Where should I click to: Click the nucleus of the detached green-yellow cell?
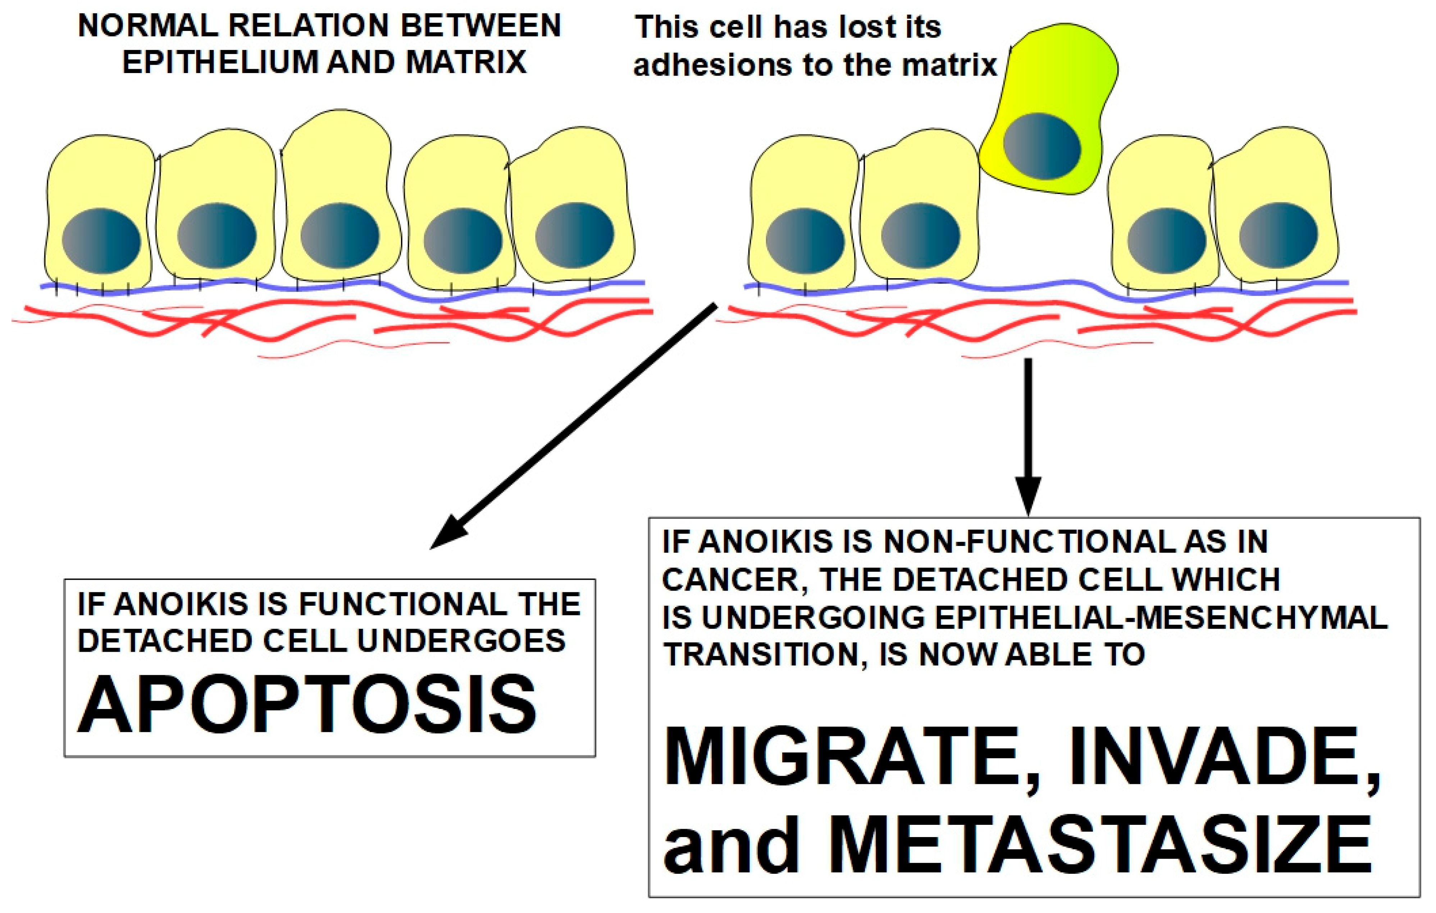click(1042, 146)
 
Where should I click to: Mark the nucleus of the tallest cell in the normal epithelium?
click(339, 236)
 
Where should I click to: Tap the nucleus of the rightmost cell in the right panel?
click(1278, 235)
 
